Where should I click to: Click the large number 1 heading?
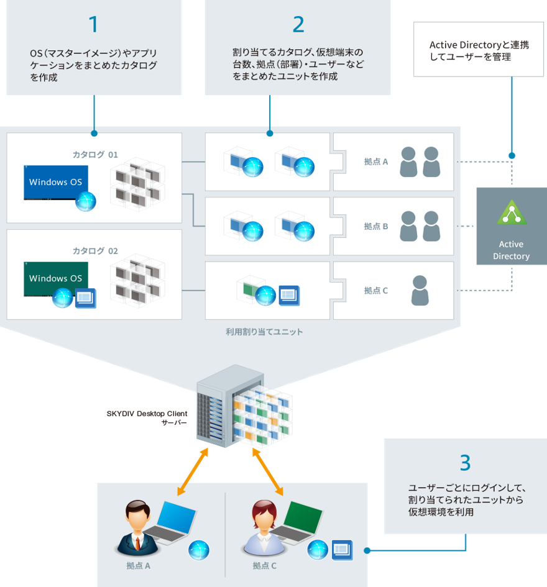[x=93, y=24]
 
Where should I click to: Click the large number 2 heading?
[x=298, y=24]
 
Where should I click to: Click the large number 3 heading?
[x=465, y=463]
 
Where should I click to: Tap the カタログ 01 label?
[x=95, y=154]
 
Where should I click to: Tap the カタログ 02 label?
[x=95, y=251]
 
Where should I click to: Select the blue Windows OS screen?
[x=56, y=182]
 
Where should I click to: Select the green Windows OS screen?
[x=56, y=278]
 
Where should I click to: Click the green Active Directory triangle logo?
[x=512, y=213]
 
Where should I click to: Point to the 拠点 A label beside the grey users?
[x=376, y=162]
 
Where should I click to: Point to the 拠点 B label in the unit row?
[x=376, y=226]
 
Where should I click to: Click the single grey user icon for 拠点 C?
[x=420, y=290]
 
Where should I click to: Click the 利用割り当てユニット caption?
[x=264, y=332]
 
